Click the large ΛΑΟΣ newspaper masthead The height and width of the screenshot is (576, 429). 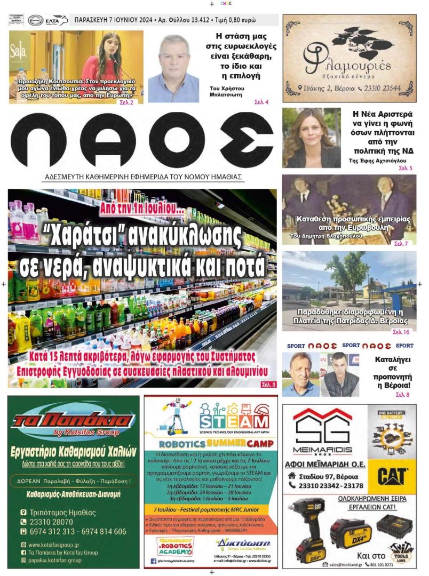coord(141,140)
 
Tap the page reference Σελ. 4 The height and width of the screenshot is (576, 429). coord(261,102)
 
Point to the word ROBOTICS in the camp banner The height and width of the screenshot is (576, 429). coord(177,443)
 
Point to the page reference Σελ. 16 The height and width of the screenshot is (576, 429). coord(401,332)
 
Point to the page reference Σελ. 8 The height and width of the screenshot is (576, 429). coord(402,395)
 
